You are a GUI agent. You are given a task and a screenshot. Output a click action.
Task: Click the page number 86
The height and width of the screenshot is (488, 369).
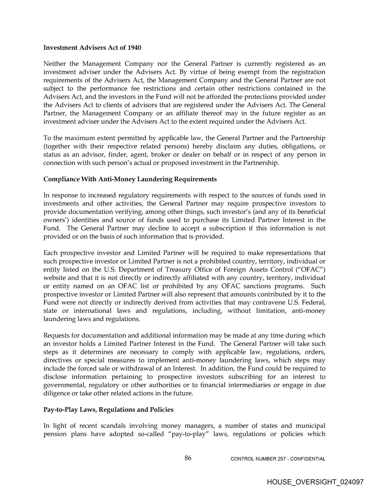188,458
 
